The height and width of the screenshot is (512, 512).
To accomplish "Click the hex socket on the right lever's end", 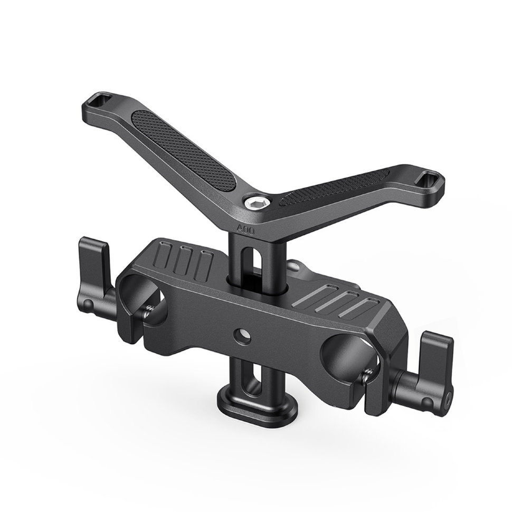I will [x=449, y=397].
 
